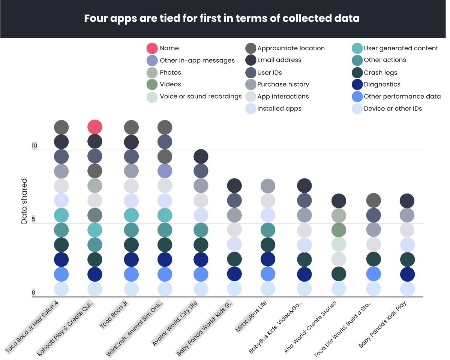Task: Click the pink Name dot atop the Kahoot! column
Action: coord(95,127)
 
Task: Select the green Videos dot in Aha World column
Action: coord(339,230)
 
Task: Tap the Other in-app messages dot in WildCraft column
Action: coord(165,171)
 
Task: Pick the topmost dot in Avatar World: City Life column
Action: coord(201,156)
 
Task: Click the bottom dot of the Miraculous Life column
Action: coord(268,289)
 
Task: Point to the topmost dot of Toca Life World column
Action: coord(373,201)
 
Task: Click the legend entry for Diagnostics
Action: coord(382,84)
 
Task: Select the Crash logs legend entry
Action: coord(380,72)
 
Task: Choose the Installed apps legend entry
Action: coord(279,108)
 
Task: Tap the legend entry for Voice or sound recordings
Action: coord(201,96)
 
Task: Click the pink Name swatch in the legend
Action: coord(152,48)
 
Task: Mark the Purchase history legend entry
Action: coord(283,84)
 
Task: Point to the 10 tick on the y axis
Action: coord(34,146)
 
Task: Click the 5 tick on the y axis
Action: coord(34,219)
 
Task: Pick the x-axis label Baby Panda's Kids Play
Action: coord(383,324)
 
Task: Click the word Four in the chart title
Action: coord(96,18)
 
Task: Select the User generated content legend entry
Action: coord(400,48)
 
